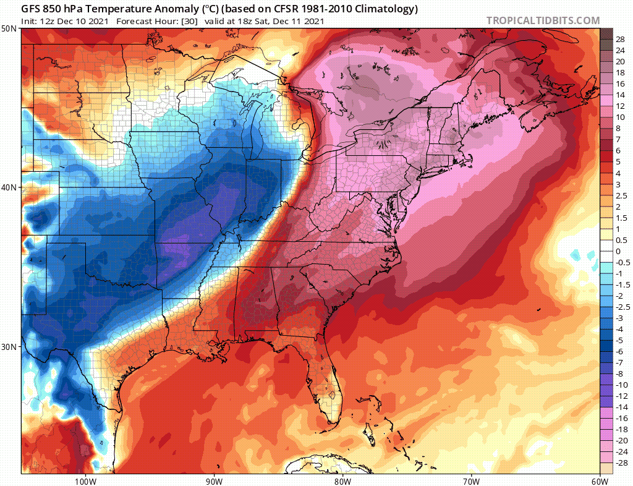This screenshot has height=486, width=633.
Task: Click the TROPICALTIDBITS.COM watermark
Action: click(x=543, y=20)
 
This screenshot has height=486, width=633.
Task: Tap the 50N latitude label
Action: click(x=9, y=29)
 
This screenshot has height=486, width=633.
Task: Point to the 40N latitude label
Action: click(x=9, y=187)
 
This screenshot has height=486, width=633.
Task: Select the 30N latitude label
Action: click(x=9, y=346)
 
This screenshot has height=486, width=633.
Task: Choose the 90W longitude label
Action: click(x=214, y=480)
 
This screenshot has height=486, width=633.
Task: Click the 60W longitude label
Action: click(x=600, y=480)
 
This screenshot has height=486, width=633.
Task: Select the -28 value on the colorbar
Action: click(x=621, y=463)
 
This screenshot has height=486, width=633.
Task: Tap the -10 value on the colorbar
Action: click(x=621, y=385)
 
